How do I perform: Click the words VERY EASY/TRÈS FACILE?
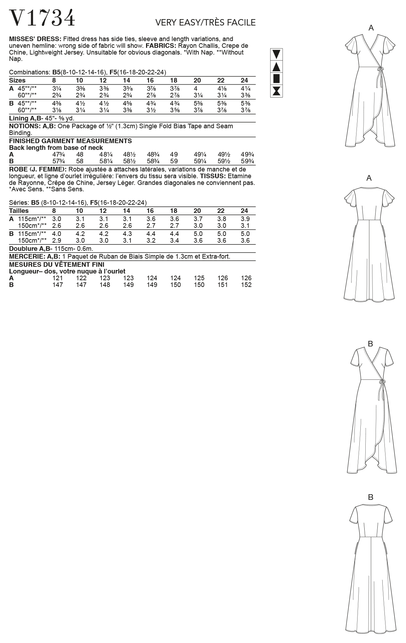coord(205,23)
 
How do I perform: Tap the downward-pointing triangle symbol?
coord(277,54)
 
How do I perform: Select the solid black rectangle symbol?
coord(277,78)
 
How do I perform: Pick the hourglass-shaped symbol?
coord(277,91)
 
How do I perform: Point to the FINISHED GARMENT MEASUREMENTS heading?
coord(70,141)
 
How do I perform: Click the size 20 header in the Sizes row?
coord(197,80)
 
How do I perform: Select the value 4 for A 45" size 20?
coord(196,88)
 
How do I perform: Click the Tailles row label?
coord(19,210)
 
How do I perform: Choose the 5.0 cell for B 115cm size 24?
coord(245,233)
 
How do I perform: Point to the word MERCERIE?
coord(23,256)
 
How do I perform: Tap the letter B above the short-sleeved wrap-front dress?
coord(370,343)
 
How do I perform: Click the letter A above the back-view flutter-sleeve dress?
coord(369,178)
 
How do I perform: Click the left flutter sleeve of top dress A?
coord(352,44)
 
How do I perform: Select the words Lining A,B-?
coord(26,118)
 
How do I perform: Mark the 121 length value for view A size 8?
coord(57,278)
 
